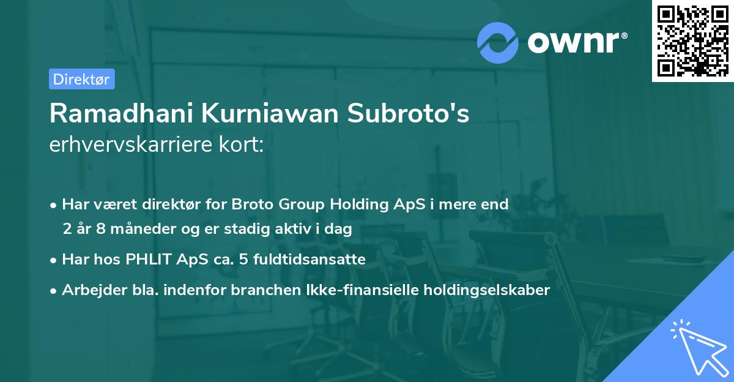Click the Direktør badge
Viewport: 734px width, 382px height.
click(x=81, y=79)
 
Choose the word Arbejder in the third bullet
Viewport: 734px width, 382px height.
click(x=90, y=290)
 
